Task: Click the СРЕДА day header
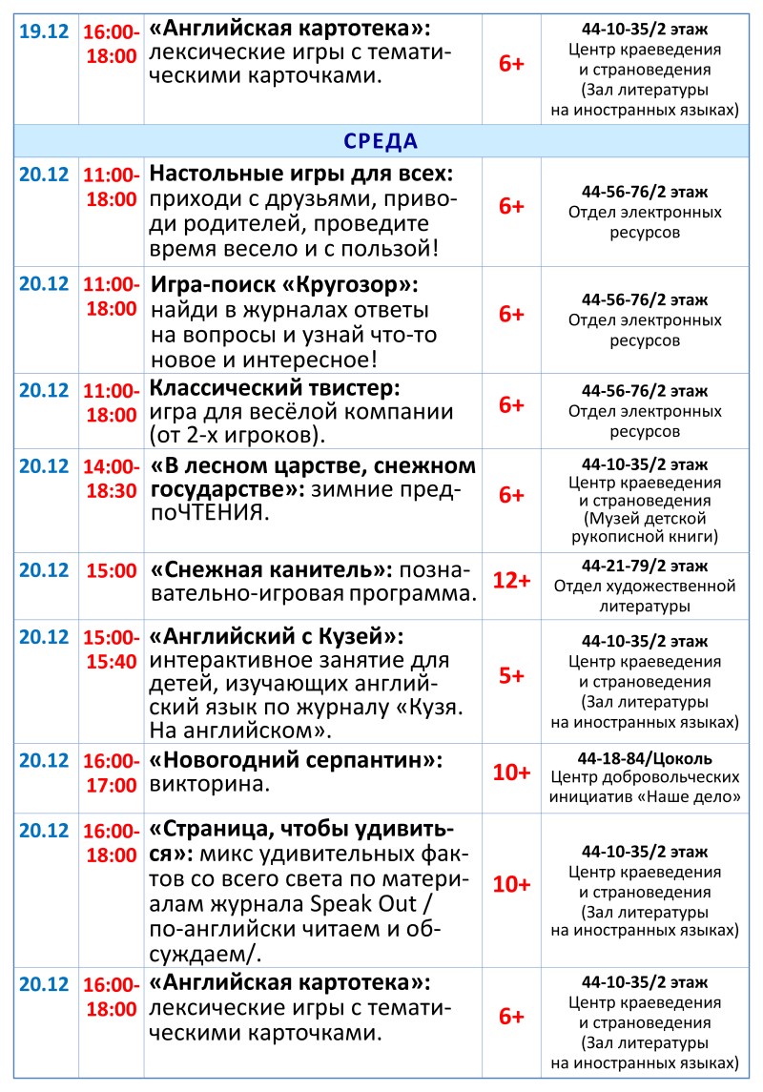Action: tap(381, 141)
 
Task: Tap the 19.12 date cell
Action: tap(44, 31)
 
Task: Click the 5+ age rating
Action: tap(511, 676)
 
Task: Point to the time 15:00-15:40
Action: tap(112, 648)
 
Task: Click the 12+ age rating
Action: tap(511, 581)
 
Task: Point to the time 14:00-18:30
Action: tap(112, 478)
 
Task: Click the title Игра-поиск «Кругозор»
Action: tap(285, 285)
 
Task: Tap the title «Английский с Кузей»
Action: tap(277, 635)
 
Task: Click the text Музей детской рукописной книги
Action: tap(645, 527)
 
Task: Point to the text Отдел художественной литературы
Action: tap(645, 595)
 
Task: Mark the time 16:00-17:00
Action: tap(112, 773)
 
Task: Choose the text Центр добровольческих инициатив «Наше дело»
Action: tap(645, 784)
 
